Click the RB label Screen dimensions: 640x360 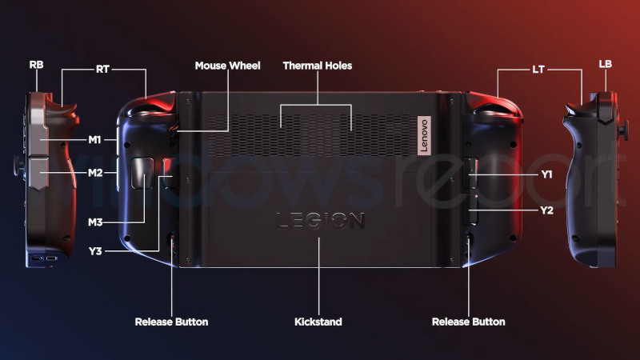pyautogui.click(x=36, y=65)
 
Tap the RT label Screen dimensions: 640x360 pyautogui.click(x=102, y=70)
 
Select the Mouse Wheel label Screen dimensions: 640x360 pyautogui.click(x=227, y=66)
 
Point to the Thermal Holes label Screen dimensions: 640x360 pyautogui.click(x=317, y=66)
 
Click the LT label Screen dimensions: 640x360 pyautogui.click(x=538, y=70)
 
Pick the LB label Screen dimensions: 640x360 pyautogui.click(x=606, y=64)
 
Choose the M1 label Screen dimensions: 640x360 pyautogui.click(x=94, y=140)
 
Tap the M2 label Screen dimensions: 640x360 pyautogui.click(x=95, y=173)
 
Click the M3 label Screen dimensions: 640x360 pyautogui.click(x=95, y=222)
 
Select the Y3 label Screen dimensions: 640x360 pyautogui.click(x=95, y=251)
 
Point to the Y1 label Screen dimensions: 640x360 pyautogui.click(x=546, y=174)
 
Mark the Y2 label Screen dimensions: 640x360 pyautogui.click(x=546, y=210)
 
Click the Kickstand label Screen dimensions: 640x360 pyautogui.click(x=318, y=322)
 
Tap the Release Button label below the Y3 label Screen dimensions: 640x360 pyautogui.click(x=171, y=322)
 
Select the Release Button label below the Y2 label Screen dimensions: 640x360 pyautogui.click(x=468, y=322)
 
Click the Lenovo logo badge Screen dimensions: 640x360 pyautogui.click(x=424, y=135)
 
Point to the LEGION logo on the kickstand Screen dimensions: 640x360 pyautogui.click(x=320, y=221)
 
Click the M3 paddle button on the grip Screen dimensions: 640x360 pyautogui.click(x=142, y=174)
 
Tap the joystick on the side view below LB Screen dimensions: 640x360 pyautogui.click(x=623, y=131)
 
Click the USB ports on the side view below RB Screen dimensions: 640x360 pyautogui.click(x=44, y=258)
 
